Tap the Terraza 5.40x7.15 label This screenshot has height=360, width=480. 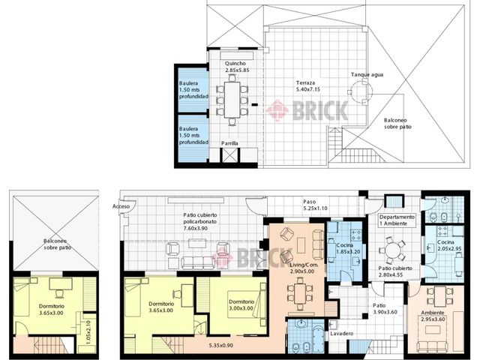click(x=308, y=86)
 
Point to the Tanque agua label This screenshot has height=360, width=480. click(x=367, y=75)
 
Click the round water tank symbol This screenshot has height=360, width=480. click(x=361, y=91)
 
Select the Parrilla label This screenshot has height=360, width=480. click(x=229, y=143)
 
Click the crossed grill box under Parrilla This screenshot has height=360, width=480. click(x=229, y=155)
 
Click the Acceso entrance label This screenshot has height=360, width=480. click(x=121, y=207)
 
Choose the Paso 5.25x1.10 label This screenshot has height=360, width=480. click(x=315, y=205)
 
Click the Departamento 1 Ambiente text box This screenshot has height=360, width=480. click(x=397, y=220)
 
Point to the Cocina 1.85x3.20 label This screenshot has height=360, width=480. click(x=348, y=248)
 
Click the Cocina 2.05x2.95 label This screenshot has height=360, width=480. click(x=449, y=245)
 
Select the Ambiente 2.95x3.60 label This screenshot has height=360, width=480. click(x=433, y=316)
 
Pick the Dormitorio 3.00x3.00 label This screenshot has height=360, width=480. click(x=241, y=305)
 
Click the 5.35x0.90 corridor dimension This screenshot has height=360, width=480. click(x=221, y=345)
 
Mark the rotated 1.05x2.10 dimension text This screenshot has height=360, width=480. click(x=88, y=331)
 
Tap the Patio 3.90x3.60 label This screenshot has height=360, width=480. click(x=385, y=309)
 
